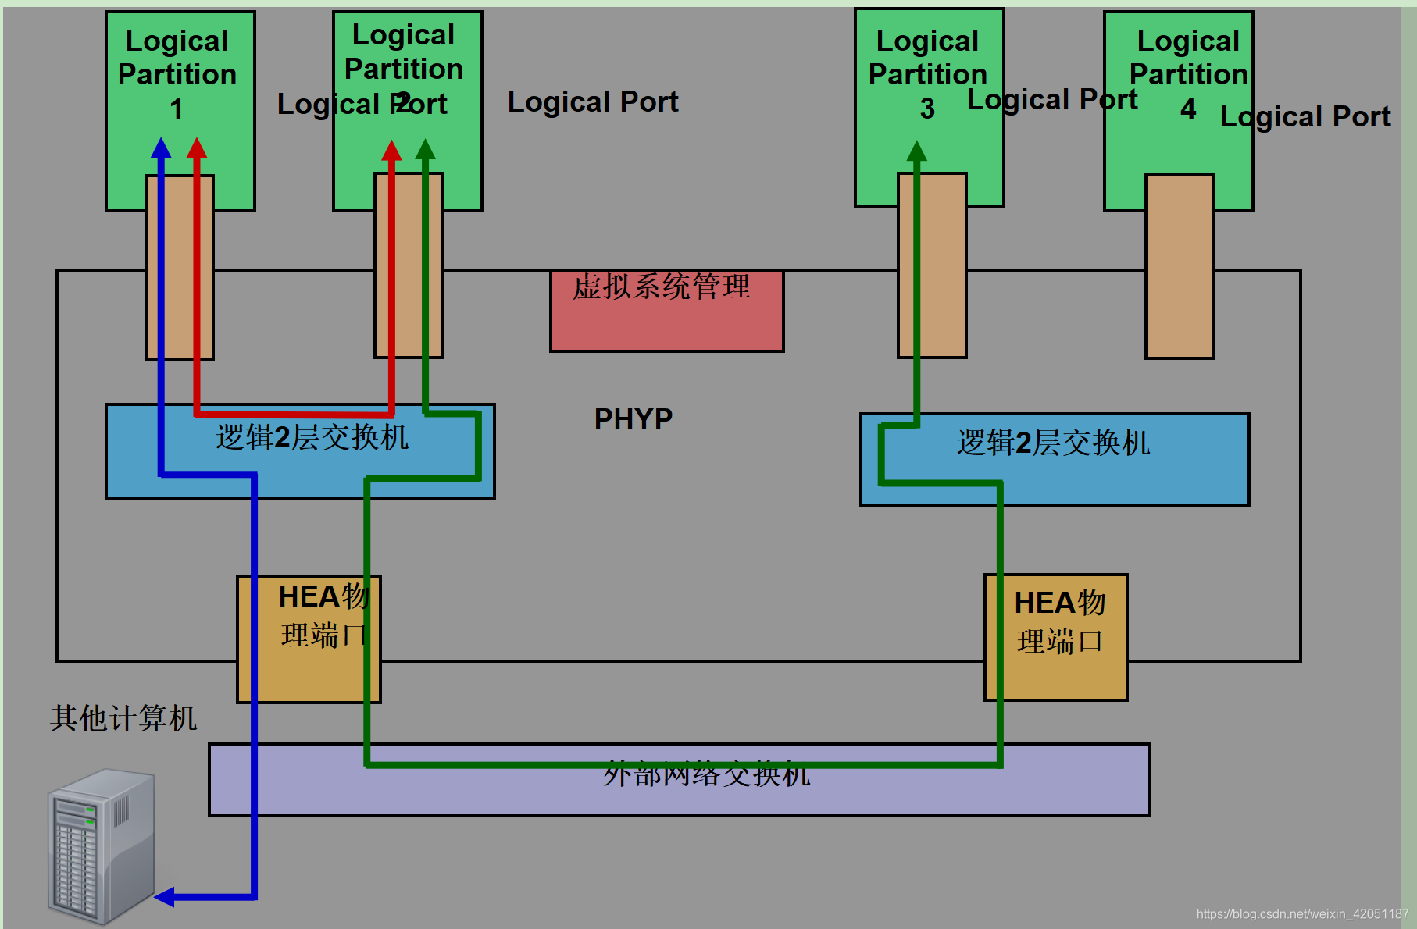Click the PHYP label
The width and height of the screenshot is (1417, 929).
[x=633, y=419]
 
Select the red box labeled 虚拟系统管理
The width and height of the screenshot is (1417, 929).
[x=666, y=311]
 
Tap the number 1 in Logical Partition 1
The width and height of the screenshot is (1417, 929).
[x=177, y=109]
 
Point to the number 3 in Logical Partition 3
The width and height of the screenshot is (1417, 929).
[x=927, y=109]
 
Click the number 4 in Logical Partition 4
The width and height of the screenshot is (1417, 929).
[x=1187, y=109]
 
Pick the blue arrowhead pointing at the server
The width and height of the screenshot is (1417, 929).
[x=165, y=897]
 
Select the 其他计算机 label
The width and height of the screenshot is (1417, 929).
[x=123, y=718]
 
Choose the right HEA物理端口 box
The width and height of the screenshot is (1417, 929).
[x=1055, y=637]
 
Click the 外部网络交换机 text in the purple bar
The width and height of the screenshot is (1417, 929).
[x=706, y=774]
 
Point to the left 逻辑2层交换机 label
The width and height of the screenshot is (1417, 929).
[x=312, y=437]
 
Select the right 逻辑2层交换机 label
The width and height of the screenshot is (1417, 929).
[x=1053, y=443]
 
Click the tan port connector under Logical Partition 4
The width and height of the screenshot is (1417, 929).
[x=1179, y=266]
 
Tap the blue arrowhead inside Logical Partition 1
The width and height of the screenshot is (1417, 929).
[x=161, y=148]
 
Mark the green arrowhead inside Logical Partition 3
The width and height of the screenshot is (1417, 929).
[x=916, y=151]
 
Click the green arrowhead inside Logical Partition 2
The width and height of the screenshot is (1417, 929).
[x=425, y=148]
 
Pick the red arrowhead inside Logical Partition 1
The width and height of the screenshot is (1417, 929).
[x=197, y=148]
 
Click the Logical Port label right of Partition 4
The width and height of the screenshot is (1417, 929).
[x=1305, y=116]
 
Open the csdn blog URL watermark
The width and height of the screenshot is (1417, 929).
[x=1301, y=913]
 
